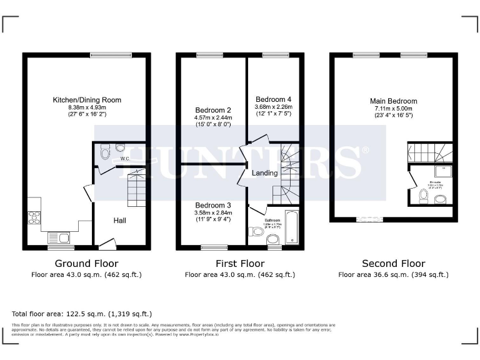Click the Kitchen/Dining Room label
tap(87, 100)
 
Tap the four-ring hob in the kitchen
tap(33, 218)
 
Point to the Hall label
tap(120, 221)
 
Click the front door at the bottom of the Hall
tap(107, 244)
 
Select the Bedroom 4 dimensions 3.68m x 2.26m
tap(273, 107)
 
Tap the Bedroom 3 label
tap(213, 206)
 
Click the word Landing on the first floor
tap(264, 173)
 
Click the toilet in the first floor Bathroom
tap(256, 232)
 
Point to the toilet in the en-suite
tap(424, 197)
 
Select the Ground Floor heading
tap(86, 264)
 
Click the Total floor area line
tap(82, 314)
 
